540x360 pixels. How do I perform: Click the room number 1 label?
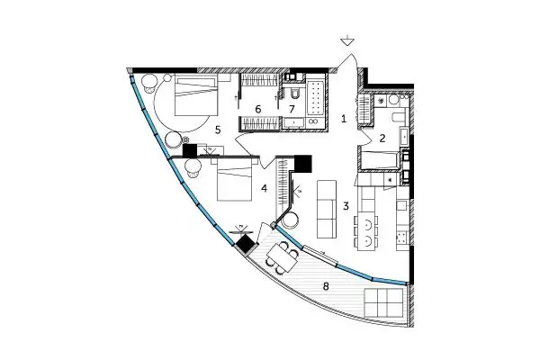(344, 119)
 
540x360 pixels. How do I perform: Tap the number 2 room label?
(382, 139)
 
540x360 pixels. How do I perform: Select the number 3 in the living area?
(346, 206)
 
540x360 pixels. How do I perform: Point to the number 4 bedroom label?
(265, 188)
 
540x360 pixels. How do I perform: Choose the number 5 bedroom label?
(217, 130)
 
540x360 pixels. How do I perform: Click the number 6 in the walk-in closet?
(258, 110)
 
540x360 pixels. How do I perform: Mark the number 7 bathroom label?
(292, 110)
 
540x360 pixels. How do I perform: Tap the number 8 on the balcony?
(326, 286)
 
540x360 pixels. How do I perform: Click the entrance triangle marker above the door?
(347, 41)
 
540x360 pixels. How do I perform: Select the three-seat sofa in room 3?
(326, 209)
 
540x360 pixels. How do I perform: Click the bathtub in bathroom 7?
(315, 97)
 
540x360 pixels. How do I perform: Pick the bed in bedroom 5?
(196, 96)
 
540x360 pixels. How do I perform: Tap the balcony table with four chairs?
(282, 258)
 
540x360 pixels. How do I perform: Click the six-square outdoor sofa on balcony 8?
(384, 302)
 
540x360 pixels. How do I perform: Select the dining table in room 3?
(366, 231)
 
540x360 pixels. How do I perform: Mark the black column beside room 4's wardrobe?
(303, 164)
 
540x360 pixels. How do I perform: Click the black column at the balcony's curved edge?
(247, 243)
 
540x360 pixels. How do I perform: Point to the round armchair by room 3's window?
(289, 220)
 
